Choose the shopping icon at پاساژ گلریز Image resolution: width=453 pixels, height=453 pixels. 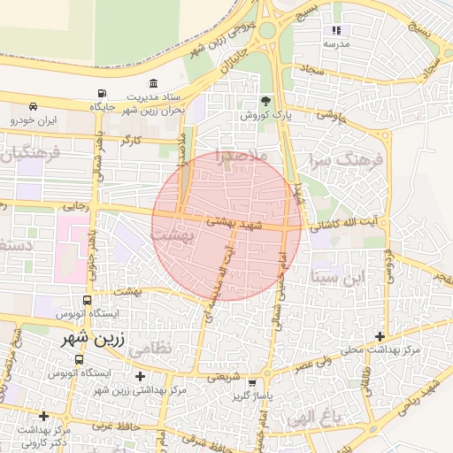tap(254, 382)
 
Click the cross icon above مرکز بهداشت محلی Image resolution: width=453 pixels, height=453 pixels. tap(380, 336)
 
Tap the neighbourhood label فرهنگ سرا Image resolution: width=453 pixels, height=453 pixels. tap(345, 162)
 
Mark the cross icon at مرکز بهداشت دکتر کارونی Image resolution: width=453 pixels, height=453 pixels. tap(43, 415)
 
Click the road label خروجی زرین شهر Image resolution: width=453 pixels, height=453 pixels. tap(221, 39)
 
